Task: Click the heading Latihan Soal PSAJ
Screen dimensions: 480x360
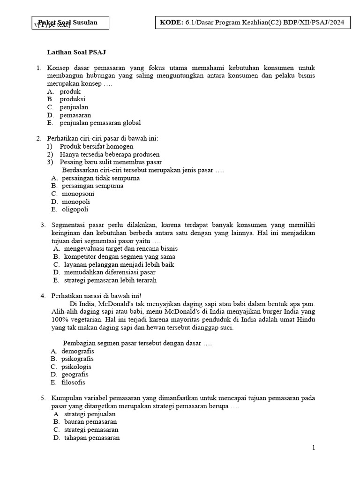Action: [79, 52]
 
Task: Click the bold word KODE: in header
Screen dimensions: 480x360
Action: [171, 22]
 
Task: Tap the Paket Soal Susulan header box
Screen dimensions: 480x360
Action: [69, 22]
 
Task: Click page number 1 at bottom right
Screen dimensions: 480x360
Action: [314, 448]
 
